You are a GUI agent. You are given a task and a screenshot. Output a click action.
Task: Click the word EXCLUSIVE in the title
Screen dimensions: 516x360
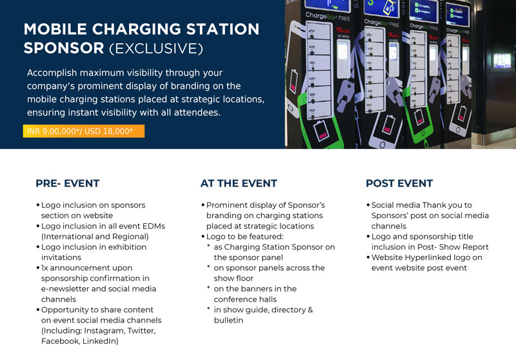156,48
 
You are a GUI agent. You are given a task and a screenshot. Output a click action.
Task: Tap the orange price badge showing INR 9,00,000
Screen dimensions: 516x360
84,131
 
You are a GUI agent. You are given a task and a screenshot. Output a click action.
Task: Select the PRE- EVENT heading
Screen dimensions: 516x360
68,183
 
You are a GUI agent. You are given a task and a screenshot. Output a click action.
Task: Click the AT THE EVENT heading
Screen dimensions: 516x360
239,183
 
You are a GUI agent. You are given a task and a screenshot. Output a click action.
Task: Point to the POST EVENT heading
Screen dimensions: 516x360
399,183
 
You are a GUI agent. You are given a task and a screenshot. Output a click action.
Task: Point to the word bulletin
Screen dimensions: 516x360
228,320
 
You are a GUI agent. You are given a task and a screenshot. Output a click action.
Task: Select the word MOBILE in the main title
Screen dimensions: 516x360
55,29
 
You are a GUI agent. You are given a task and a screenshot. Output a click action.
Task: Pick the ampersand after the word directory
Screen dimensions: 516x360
310,310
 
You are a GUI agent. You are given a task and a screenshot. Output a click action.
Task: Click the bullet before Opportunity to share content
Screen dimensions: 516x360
38,310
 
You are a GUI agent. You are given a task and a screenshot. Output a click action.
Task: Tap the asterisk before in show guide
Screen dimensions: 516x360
208,309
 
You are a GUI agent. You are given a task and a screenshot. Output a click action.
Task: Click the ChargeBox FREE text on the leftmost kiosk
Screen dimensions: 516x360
328,17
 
